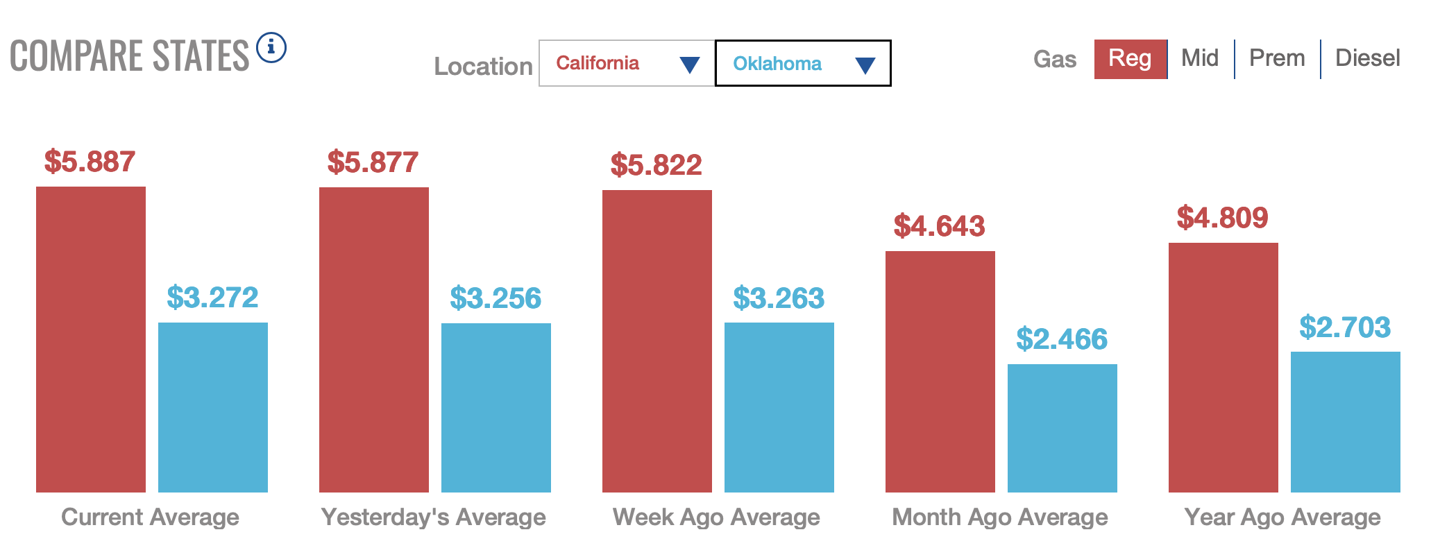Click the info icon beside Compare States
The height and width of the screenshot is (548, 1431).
click(271, 47)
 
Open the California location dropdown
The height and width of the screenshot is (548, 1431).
click(627, 63)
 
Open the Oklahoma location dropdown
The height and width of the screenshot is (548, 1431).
click(803, 63)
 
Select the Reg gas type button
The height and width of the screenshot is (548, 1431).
click(1130, 59)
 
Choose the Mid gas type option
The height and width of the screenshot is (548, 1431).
click(1200, 58)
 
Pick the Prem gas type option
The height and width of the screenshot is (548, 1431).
click(1277, 58)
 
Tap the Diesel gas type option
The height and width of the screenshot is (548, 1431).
click(1367, 58)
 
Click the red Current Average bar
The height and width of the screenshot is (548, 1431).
click(91, 339)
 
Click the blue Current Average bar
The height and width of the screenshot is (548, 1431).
click(213, 407)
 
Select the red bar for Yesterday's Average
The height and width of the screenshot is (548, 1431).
click(374, 340)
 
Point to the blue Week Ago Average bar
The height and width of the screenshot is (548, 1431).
click(779, 407)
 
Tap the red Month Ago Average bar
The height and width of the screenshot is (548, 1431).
click(940, 372)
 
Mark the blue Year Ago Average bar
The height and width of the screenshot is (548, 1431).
click(1346, 422)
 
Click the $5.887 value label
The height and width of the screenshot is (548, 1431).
click(90, 162)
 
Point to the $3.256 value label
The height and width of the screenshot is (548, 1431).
click(496, 298)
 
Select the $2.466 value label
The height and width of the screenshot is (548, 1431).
click(1062, 339)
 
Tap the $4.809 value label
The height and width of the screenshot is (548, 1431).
click(1222, 218)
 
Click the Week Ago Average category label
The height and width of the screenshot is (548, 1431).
click(716, 517)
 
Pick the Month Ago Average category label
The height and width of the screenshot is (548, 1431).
click(999, 517)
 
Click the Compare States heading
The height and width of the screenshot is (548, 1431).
click(129, 56)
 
